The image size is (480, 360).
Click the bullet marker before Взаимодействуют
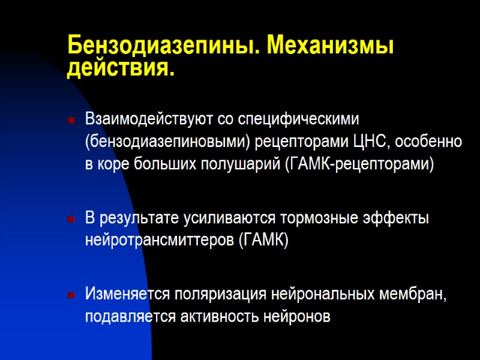[71, 121]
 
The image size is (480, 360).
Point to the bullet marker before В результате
[71, 219]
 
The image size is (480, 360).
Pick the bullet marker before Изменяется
[71, 295]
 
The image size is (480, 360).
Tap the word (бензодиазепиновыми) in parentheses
[166, 142]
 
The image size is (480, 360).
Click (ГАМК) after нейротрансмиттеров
[263, 241]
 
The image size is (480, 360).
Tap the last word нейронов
[299, 317]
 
